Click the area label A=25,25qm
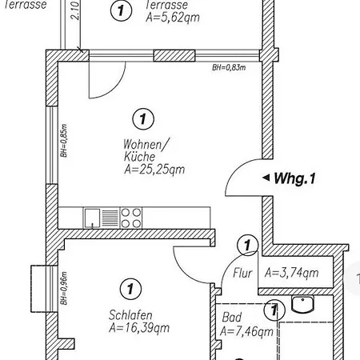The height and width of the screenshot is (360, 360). (154, 170)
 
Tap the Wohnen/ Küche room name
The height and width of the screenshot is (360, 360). (146, 150)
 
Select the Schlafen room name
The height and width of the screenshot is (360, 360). (130, 315)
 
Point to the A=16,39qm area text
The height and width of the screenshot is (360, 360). (139, 328)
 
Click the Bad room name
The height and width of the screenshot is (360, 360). (232, 318)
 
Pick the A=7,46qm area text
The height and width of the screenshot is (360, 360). (246, 332)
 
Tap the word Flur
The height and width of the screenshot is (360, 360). (242, 274)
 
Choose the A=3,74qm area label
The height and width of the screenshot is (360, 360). (292, 273)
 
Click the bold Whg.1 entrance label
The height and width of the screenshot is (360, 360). (294, 178)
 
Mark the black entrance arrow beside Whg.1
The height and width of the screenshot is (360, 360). (266, 178)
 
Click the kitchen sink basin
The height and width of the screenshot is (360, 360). (92, 218)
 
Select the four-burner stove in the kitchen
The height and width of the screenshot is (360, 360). (131, 218)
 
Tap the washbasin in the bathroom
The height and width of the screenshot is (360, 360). (302, 304)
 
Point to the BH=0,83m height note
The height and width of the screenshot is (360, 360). (229, 68)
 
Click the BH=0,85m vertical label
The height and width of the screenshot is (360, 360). (64, 141)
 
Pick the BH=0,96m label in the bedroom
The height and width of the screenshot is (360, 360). (64, 289)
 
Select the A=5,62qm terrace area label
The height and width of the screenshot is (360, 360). (173, 18)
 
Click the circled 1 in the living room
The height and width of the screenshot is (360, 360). (143, 119)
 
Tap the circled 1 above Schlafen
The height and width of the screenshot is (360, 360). (130, 289)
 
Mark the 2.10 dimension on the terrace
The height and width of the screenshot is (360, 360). (75, 10)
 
